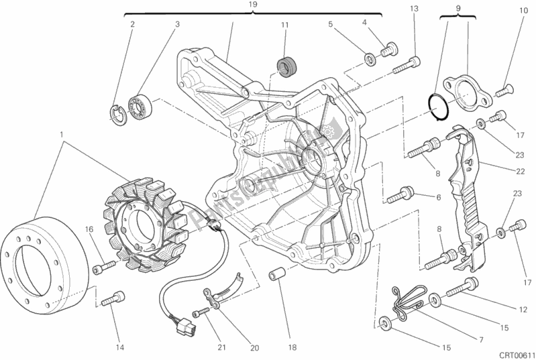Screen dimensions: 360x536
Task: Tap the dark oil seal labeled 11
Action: [x=287, y=66]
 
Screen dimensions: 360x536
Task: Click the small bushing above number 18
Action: [x=274, y=276]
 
